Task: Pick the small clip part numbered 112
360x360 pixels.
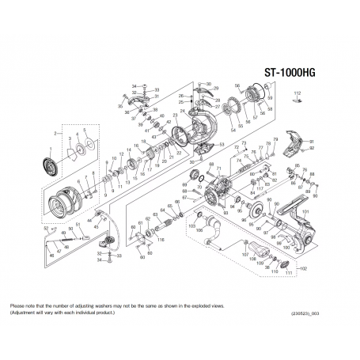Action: [x=298, y=101]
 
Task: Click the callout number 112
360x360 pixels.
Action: [x=298, y=93]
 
